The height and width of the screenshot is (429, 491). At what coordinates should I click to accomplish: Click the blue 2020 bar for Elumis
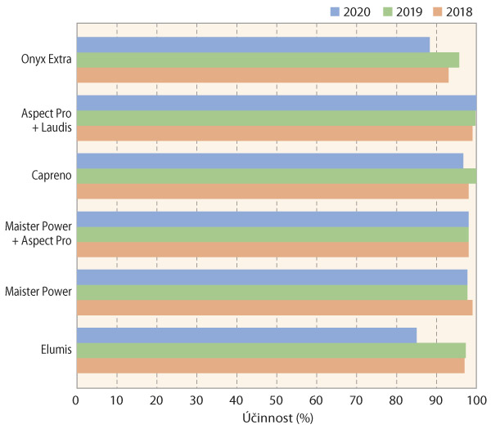point(246,335)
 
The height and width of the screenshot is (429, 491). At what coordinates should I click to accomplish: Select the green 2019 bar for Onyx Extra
point(268,60)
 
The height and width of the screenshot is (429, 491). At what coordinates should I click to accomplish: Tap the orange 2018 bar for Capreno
point(273,191)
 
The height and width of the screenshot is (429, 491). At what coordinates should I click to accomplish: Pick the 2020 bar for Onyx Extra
point(253,44)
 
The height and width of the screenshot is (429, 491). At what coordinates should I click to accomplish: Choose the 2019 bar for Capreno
point(276,176)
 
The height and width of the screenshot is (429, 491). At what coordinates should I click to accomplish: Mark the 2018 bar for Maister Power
point(274,307)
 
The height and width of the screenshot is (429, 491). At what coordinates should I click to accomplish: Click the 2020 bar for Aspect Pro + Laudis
point(276,102)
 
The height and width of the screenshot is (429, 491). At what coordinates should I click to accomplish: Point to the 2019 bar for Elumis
point(271,351)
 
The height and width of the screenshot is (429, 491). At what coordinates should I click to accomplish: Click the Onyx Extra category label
point(46,60)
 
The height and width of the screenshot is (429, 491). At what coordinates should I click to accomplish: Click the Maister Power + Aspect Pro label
point(38,234)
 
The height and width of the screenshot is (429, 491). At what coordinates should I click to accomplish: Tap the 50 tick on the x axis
point(277,400)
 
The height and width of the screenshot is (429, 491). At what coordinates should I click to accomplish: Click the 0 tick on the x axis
point(76,400)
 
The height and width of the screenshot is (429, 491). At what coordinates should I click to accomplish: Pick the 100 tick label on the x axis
point(476,400)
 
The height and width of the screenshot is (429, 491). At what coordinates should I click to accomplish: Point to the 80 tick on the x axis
point(396,400)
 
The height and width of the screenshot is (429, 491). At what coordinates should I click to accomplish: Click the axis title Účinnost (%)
point(277,418)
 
